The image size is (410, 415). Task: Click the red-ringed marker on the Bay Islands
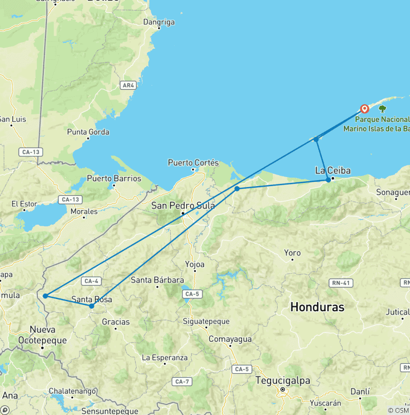[365, 109]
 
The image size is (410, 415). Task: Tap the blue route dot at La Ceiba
[328, 180]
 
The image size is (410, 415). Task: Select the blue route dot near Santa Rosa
[91, 306]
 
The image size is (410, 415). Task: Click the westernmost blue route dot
[45, 296]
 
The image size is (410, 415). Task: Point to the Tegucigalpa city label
[281, 381]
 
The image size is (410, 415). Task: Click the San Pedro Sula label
[183, 205]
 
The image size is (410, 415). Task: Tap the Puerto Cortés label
[193, 162]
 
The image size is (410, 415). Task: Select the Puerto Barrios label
[114, 178]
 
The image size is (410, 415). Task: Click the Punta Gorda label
[88, 132]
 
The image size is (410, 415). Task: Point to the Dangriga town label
[159, 22]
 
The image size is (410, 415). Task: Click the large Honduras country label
[317, 307]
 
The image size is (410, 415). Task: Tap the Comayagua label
[230, 339]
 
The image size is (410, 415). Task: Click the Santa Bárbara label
[157, 280]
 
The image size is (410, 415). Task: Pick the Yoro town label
[292, 252]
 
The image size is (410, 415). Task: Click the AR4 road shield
[128, 85]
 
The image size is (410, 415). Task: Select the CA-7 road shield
[182, 381]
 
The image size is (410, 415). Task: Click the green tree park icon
[382, 109]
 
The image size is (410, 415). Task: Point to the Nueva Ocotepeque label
[42, 335]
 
